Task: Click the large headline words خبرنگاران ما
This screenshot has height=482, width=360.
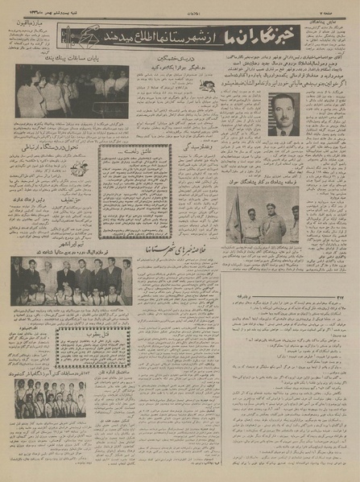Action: coord(304,35)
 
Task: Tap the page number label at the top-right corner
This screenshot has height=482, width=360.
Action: coord(341,6)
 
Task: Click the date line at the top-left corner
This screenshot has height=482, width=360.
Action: coord(40,6)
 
